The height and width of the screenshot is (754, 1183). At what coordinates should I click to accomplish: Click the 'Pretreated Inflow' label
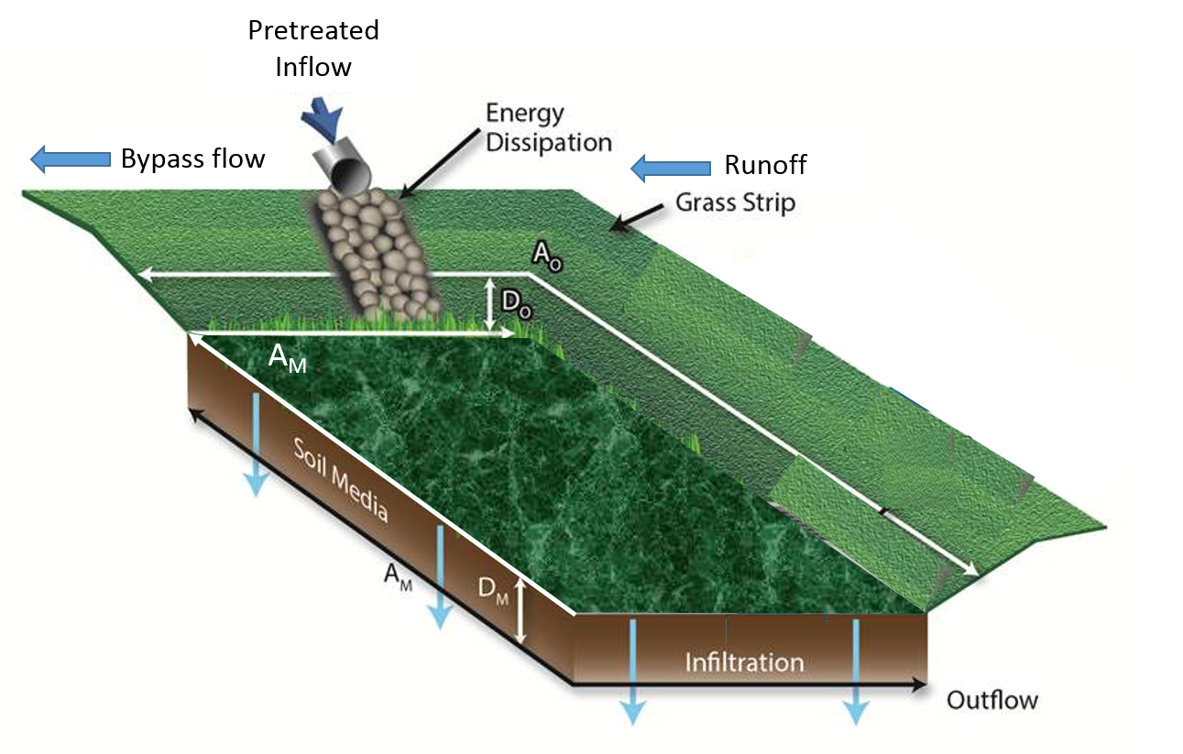point(313,49)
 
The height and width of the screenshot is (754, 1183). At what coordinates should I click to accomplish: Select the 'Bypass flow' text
point(192,159)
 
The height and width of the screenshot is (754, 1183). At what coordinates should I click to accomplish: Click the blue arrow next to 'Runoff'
point(671,168)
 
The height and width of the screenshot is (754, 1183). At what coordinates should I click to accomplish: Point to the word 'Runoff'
point(765,166)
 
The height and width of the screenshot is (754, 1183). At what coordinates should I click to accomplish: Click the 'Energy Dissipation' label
point(548,128)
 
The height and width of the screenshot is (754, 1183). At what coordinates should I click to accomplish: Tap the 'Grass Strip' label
point(735,202)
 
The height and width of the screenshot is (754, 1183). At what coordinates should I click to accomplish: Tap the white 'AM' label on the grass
point(287,360)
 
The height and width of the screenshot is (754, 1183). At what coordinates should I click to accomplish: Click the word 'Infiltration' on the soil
point(744,661)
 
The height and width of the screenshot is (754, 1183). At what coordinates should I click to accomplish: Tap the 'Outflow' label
point(992,701)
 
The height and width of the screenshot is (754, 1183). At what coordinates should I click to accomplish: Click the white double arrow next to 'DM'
point(521,611)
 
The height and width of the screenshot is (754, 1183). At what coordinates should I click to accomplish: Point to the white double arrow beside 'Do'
point(490,303)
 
